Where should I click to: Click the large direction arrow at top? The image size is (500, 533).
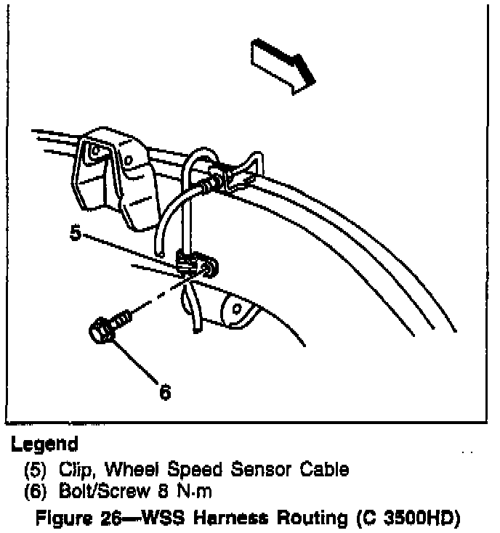coord(283,66)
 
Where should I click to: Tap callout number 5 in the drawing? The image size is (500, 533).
coord(76,234)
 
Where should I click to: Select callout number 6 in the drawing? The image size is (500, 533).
coord(165,392)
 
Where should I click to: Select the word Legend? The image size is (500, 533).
coord(45,444)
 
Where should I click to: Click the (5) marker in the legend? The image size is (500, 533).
coord(33,469)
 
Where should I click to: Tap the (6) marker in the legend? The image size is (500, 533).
coord(33,492)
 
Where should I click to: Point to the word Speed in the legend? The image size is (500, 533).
coord(186,469)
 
